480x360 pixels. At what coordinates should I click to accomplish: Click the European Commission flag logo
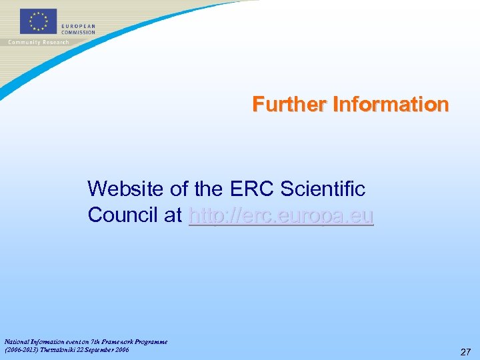click(x=38, y=21)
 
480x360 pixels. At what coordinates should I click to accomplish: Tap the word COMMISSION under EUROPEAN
click(x=79, y=32)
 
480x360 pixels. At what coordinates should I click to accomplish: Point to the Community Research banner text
click(x=38, y=42)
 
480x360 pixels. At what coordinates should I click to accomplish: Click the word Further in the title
click(x=289, y=105)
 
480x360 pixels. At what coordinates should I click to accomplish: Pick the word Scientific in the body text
click(x=323, y=189)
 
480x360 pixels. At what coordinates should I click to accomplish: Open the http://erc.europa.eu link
click(x=281, y=215)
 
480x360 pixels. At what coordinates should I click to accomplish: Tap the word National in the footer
click(x=17, y=341)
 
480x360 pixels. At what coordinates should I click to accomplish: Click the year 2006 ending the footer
click(x=121, y=349)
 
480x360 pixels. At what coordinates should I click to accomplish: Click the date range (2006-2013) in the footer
click(x=21, y=349)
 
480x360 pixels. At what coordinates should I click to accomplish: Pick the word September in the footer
click(x=99, y=349)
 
